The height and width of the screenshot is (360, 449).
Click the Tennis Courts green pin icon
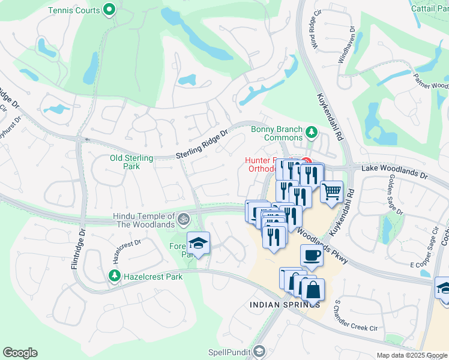point(109,10)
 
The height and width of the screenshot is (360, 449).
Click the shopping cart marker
point(331,192)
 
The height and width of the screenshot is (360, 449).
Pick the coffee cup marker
point(312,256)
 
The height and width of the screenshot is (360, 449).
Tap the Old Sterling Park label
point(131,162)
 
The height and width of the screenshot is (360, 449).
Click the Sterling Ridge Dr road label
point(202,147)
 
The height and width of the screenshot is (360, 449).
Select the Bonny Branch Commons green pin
point(311,131)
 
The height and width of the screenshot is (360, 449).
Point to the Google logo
point(20,353)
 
